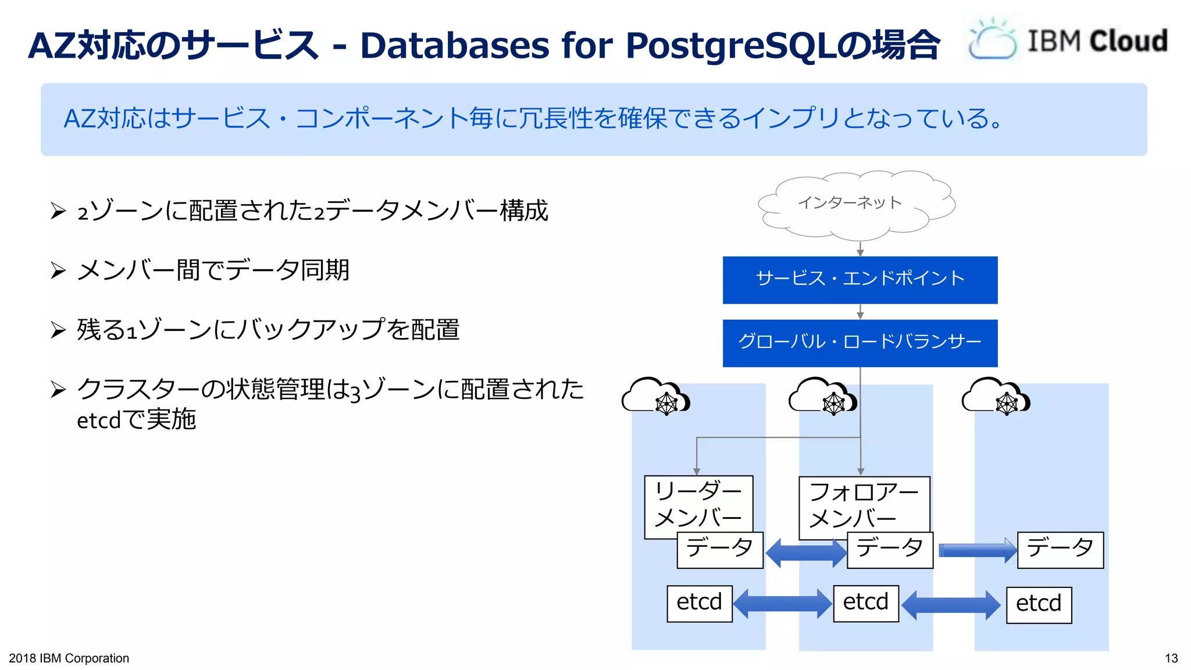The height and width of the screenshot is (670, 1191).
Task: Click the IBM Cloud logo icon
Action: tap(992, 40)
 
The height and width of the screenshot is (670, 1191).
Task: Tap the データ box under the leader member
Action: tap(719, 550)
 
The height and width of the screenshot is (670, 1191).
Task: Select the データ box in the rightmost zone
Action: tap(1060, 550)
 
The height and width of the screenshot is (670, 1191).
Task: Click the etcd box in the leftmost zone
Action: tap(699, 604)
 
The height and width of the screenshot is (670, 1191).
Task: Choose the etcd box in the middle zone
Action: tap(865, 604)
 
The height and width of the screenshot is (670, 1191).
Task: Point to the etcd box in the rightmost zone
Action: tap(1039, 605)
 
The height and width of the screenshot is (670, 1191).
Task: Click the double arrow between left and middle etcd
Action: tap(782, 604)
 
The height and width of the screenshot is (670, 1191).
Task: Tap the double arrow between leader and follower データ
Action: tap(805, 553)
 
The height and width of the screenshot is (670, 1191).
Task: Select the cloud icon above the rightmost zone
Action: tap(996, 397)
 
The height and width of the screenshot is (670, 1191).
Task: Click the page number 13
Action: tap(1171, 658)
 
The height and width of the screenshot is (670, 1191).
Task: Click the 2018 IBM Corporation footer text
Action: tap(69, 658)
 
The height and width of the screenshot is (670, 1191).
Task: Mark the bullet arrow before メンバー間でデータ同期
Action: tap(58, 270)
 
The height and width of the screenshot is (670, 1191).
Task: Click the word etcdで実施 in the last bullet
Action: tap(136, 420)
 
